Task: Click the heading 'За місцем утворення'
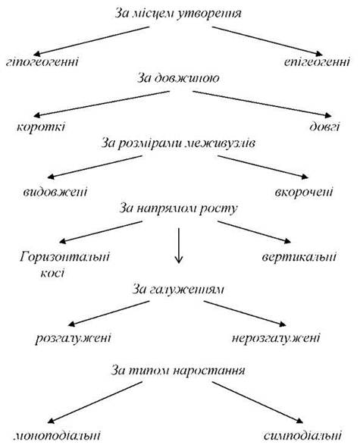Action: pos(178,14)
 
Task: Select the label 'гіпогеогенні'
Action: pos(42,61)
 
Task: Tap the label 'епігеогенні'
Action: pos(317,61)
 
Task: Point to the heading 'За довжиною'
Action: pos(178,78)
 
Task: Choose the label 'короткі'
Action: pos(41,127)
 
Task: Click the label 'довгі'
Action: pos(325,127)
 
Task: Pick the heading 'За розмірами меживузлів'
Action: pos(178,143)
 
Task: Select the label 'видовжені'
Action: pos(55,192)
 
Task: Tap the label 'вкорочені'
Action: pos(304,192)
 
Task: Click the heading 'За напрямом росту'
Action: pos(179,208)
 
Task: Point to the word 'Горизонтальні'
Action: pos(65,256)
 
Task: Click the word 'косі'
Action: pos(53,273)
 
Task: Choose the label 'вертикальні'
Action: pos(299,256)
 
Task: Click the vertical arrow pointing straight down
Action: pos(179,246)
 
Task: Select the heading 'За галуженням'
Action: pos(178,290)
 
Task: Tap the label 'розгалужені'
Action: pos(74,338)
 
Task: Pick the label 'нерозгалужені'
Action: pos(276,338)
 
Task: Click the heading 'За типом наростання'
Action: pos(178,371)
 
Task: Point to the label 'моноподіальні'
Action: pos(57,436)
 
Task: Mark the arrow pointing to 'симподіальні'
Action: pos(258,403)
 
